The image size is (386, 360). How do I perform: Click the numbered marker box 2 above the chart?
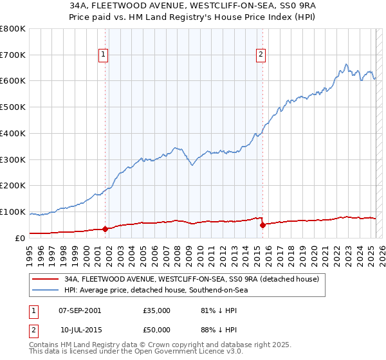(x=261, y=55)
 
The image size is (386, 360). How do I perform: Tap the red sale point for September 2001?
(x=106, y=229)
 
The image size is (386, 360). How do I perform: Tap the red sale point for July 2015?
(x=262, y=225)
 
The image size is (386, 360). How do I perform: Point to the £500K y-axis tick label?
(x=13, y=107)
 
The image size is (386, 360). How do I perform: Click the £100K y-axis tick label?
(x=13, y=212)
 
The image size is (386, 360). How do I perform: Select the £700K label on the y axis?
(x=13, y=55)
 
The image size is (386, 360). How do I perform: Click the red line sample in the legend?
(x=46, y=279)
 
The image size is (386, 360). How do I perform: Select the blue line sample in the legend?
(x=46, y=291)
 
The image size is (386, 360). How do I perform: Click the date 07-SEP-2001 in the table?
(x=79, y=310)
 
